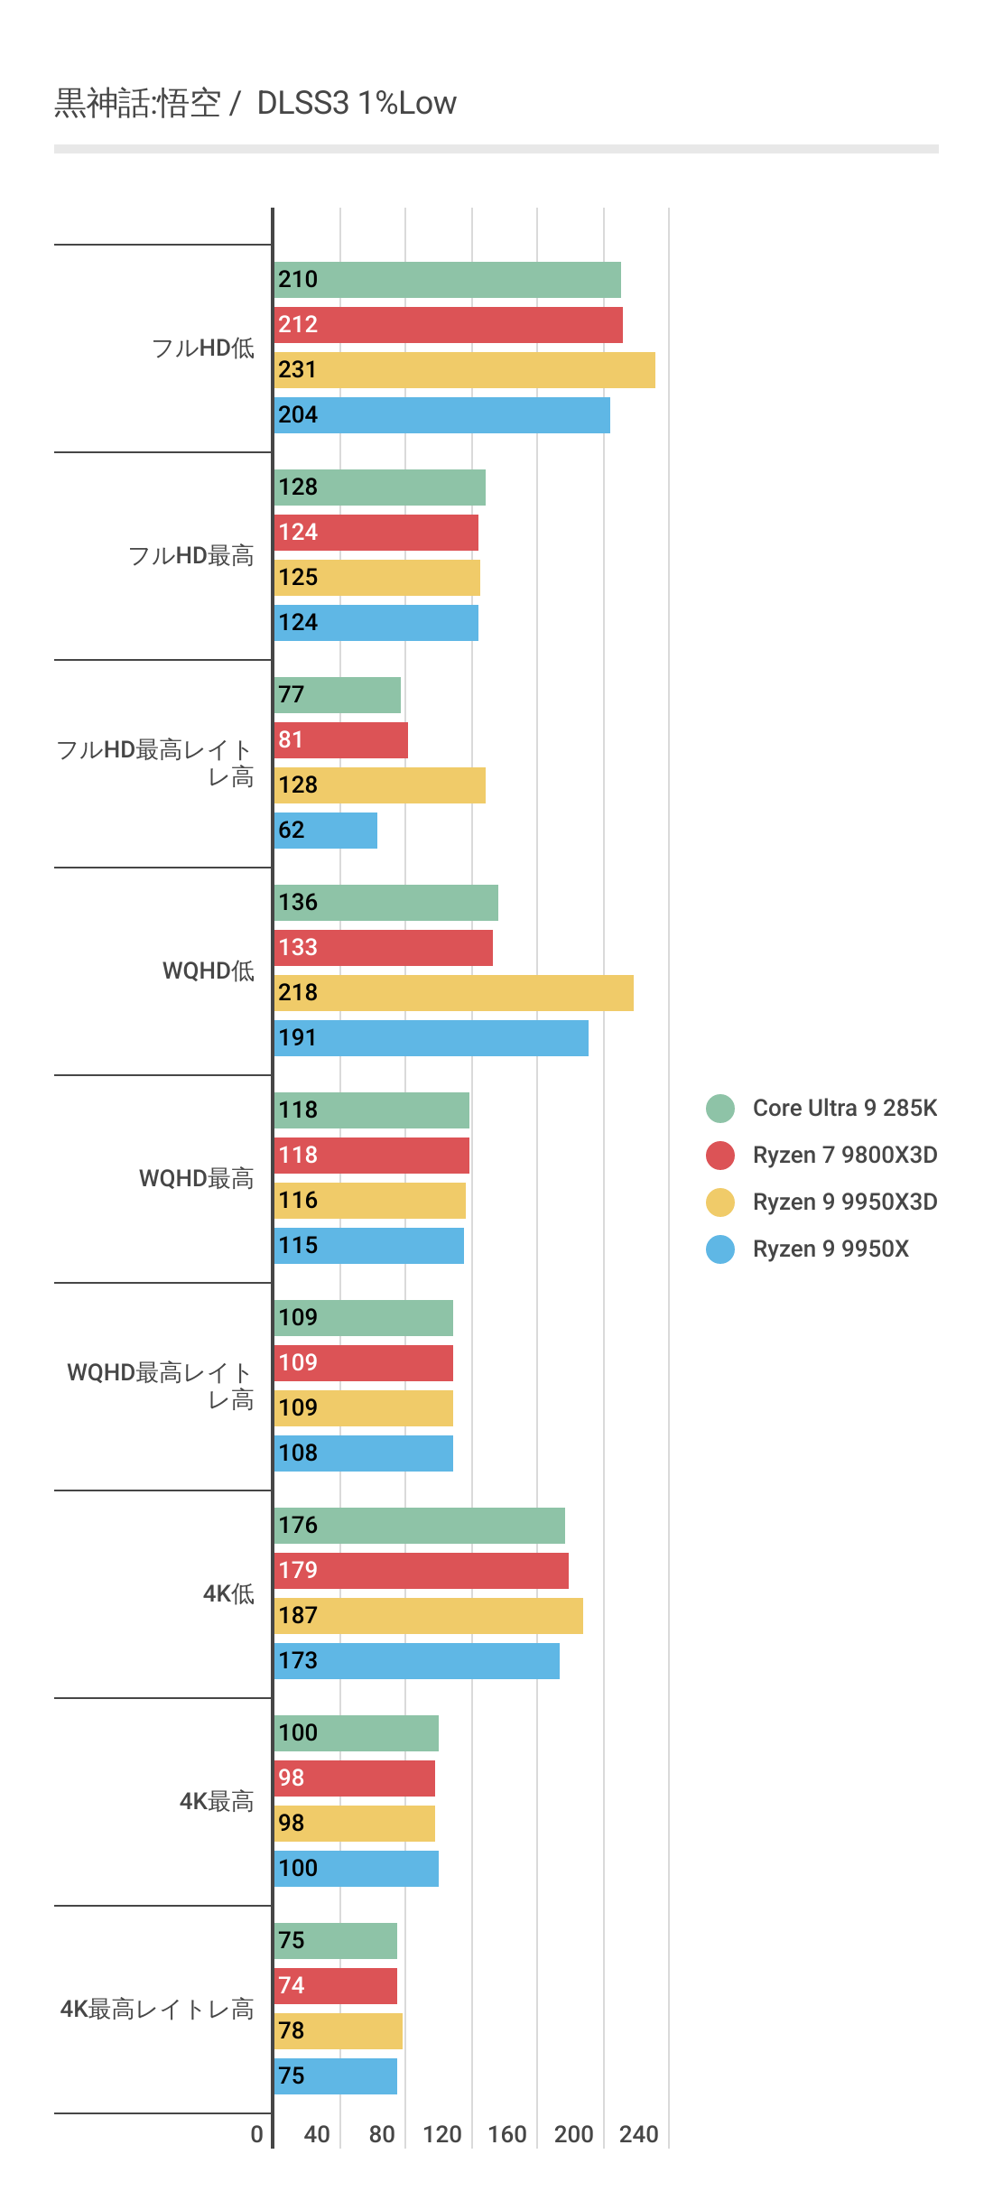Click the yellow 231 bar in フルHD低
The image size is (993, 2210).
coord(464,370)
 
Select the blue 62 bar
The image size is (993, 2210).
coord(325,831)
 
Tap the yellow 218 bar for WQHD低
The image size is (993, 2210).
coord(453,993)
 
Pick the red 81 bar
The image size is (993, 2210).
coord(340,740)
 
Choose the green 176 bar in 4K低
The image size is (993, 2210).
coord(419,1526)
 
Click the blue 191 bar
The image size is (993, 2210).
coord(431,1038)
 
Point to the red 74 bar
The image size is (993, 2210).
coord(335,1986)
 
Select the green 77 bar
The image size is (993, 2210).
coord(337,695)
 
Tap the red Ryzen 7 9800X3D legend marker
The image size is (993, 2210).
coord(720,1156)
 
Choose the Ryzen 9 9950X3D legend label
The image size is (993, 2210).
coord(844,1202)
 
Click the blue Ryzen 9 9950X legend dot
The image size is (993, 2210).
coord(720,1249)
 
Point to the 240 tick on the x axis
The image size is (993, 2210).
coord(639,2134)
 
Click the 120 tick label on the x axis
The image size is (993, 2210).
coord(442,2134)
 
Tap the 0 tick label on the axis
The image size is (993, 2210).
coord(257,2134)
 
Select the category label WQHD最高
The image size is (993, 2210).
coord(196,1178)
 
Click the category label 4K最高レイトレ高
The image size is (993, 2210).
coord(157,2009)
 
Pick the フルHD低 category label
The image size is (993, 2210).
coord(203,348)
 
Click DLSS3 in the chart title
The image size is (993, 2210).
coord(303,103)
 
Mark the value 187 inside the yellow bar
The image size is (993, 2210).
coord(298,1615)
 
